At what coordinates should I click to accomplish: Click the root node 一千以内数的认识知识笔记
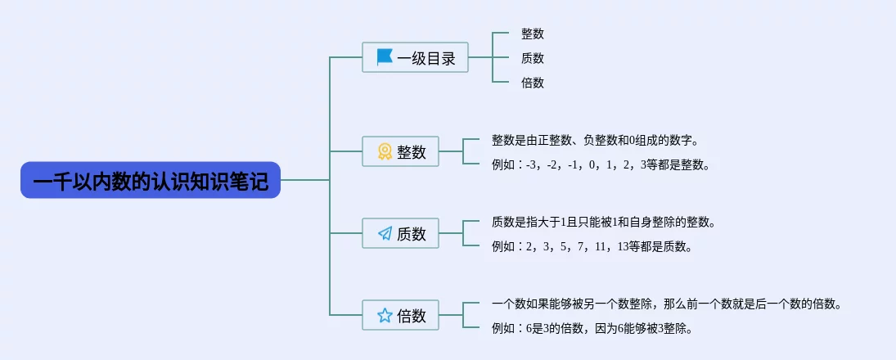[x=151, y=180]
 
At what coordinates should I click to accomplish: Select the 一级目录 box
[x=415, y=57]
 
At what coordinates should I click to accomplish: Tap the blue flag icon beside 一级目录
[x=385, y=57]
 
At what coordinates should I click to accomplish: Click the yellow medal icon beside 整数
[x=385, y=151]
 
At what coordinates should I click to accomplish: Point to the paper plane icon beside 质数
[x=385, y=233]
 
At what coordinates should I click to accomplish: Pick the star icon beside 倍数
[x=385, y=315]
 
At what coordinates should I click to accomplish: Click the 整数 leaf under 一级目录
[x=532, y=34]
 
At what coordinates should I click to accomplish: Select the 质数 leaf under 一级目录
[x=532, y=58]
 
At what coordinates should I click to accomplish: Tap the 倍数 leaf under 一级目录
[x=532, y=83]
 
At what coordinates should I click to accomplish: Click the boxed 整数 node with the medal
[x=400, y=151]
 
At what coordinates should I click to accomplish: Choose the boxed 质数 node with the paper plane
[x=400, y=233]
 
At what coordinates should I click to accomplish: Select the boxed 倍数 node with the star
[x=400, y=315]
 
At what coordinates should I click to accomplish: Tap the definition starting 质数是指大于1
[x=603, y=222]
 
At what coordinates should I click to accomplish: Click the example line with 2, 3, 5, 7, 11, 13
[x=592, y=246]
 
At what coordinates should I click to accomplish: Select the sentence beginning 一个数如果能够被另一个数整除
[x=667, y=304]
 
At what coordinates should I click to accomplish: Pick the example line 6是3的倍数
[x=592, y=329]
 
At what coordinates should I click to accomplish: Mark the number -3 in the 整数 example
[x=532, y=165]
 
